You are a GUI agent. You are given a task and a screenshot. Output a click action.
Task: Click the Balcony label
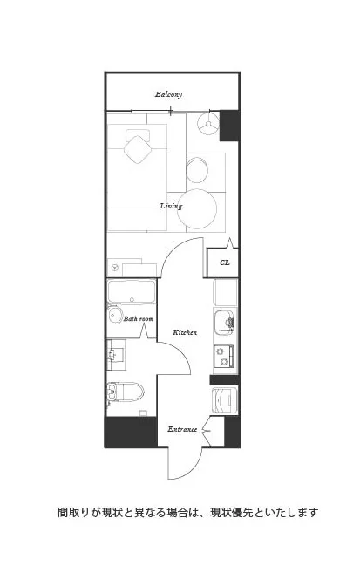point(168,94)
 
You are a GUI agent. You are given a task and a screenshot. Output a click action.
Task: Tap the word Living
point(171,206)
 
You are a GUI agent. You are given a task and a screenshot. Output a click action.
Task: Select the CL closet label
point(224,263)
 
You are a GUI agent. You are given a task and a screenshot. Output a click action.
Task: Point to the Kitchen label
point(185,332)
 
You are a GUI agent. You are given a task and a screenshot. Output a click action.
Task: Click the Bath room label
point(139,318)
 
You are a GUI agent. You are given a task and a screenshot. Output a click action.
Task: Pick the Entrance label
point(182,429)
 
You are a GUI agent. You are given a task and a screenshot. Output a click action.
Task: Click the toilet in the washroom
point(126,392)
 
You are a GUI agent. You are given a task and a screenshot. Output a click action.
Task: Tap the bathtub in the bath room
point(132,291)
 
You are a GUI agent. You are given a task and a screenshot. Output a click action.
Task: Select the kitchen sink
point(224,322)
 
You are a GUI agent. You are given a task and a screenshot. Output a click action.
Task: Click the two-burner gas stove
point(223,356)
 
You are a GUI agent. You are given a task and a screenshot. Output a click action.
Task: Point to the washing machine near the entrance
point(224,400)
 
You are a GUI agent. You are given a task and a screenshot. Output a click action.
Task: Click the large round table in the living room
point(197,208)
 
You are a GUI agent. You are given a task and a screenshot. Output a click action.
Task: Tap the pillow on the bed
point(138,135)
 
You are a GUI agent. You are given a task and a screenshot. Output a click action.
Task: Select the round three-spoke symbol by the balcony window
point(208,124)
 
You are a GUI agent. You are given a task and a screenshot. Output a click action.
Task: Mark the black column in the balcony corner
point(229,126)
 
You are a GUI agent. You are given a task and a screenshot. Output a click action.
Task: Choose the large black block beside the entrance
point(131,432)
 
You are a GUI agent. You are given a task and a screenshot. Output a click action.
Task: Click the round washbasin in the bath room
point(115,315)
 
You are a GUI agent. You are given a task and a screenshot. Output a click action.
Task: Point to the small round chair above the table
point(197,170)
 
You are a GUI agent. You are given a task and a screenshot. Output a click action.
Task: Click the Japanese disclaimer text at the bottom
point(188,512)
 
